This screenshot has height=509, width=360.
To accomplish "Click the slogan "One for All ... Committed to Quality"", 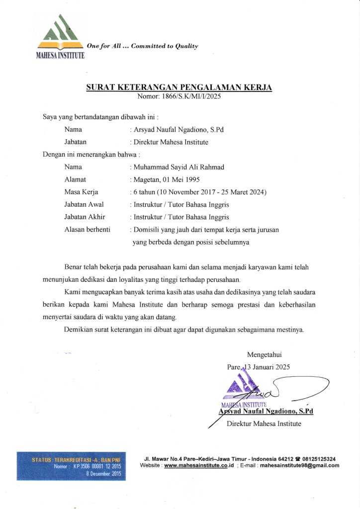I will (142, 46).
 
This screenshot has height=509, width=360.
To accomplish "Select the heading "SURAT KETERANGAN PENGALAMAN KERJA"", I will (179, 87).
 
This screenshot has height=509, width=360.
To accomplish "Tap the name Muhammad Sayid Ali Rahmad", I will (179, 167).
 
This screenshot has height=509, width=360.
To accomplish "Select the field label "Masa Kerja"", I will (81, 192).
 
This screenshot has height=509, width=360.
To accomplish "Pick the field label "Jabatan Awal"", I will (85, 204).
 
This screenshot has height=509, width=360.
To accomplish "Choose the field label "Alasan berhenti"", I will (87, 229).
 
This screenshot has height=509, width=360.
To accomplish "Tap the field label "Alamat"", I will (75, 179).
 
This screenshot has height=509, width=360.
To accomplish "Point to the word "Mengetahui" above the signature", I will (264, 354).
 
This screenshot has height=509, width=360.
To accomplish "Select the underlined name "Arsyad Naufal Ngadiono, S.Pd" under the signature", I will (266, 411).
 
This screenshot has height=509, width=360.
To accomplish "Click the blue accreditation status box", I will (71, 466).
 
